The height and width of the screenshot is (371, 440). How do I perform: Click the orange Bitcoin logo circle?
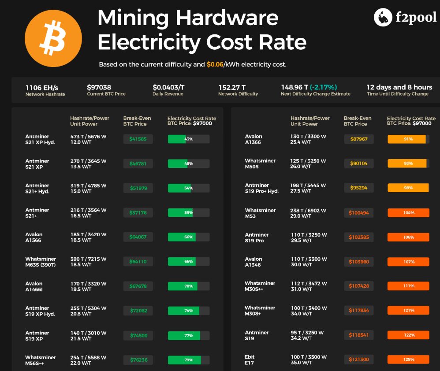coord(53,38)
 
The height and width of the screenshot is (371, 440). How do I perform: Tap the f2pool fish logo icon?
coord(383,17)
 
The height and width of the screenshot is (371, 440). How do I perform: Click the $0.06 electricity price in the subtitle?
coord(215,64)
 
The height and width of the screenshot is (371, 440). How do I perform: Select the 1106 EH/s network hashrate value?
coord(42,87)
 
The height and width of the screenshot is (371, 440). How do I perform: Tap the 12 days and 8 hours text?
coord(399,87)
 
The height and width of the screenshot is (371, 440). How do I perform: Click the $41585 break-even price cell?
coord(138,139)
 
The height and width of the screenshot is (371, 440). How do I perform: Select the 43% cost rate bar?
coord(189,139)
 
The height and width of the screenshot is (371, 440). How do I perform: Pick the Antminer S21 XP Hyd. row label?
coord(40,139)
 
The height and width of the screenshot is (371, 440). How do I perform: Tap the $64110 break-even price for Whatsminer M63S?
coord(138,261)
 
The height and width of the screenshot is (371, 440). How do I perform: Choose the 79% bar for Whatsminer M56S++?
coord(189,360)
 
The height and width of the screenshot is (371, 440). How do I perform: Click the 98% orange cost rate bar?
coord(408,188)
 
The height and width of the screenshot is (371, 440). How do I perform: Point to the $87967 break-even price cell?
coord(358,139)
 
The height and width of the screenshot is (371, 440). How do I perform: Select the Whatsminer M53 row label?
coord(260,213)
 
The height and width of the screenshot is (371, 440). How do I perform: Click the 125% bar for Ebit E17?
coord(408,360)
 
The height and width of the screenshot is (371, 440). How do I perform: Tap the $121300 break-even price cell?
coord(358,360)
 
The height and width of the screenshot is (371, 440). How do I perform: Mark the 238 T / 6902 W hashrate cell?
coord(308,210)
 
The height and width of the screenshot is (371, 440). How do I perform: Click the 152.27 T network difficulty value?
coord(232,87)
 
